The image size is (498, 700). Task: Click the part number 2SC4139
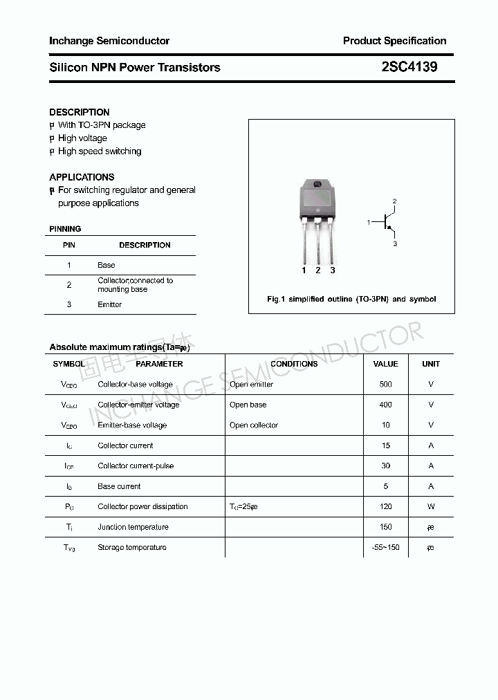pos(409,68)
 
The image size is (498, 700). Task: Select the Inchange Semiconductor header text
pos(109,41)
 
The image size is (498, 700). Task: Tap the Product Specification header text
pos(394,41)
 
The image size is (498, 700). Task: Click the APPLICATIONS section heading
pos(82,177)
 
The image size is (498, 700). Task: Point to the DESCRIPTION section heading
pos(80,112)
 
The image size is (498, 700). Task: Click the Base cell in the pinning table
pos(107,265)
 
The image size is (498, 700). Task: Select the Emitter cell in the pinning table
pos(110,304)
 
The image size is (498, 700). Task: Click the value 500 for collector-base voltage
pos(385,385)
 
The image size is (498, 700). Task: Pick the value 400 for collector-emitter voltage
pos(385,405)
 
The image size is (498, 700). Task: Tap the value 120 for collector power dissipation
pos(385,506)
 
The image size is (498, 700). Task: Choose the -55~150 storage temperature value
pos(385,547)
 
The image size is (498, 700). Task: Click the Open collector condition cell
pos(254,425)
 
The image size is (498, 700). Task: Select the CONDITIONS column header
pos(294,364)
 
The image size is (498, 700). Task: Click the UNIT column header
pos(431,364)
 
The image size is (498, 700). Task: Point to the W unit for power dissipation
pos(431,506)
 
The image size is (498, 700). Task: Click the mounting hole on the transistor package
pos(317,185)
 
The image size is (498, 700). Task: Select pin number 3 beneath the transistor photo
pos(333,270)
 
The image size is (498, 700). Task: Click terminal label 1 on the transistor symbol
pos(369,222)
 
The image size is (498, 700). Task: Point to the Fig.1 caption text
pos(351,300)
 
